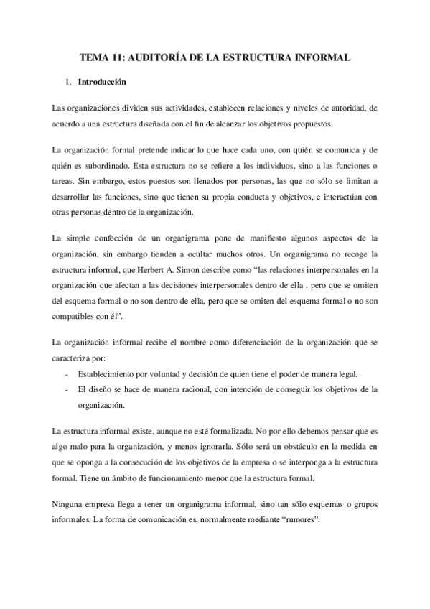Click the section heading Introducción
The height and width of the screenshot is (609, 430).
[103, 82]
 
